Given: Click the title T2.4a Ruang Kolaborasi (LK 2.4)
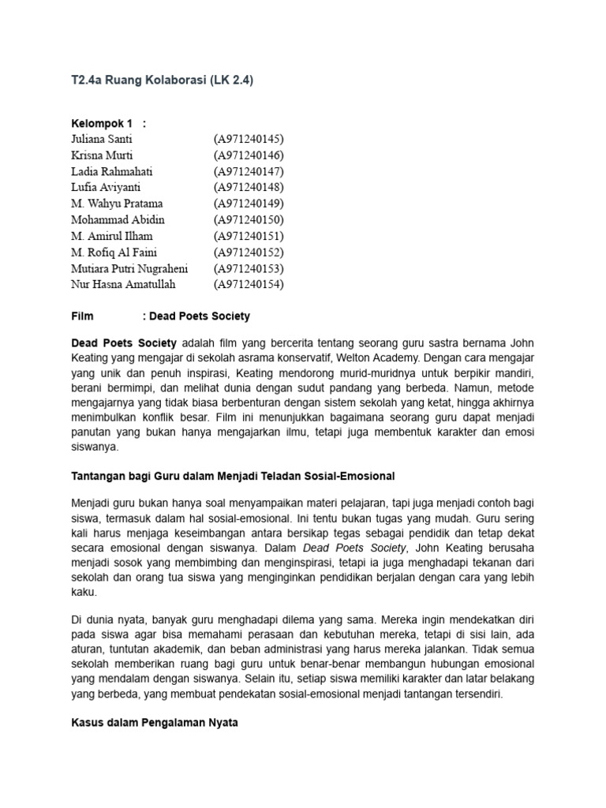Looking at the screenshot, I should [163, 80].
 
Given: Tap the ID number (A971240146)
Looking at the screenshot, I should [248, 155].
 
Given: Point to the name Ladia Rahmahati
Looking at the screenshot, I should [111, 171].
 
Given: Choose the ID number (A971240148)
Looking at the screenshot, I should [248, 187].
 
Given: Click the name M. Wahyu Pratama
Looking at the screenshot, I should [117, 204].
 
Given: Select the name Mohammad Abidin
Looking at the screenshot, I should [118, 219].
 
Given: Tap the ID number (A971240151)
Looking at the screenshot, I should [248, 236].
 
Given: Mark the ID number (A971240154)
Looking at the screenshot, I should [248, 284].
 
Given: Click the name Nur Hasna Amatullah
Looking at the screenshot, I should [123, 284].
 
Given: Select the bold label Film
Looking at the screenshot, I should [82, 316].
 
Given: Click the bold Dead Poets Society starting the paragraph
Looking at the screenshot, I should [125, 344].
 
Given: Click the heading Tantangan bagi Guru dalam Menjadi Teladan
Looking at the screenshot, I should [233, 477].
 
